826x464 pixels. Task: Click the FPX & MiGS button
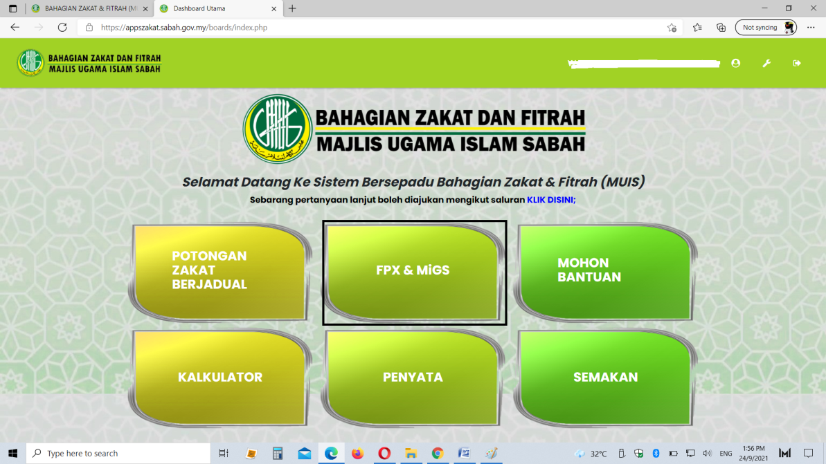click(x=413, y=272)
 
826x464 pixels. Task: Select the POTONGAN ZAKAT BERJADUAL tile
click(x=219, y=272)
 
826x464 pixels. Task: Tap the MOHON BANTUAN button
click(x=604, y=272)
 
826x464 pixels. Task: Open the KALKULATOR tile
click(x=219, y=378)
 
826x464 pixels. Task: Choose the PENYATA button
click(x=413, y=378)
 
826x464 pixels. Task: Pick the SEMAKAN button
click(x=604, y=378)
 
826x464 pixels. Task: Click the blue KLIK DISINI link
click(x=551, y=200)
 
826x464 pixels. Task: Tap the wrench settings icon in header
click(x=766, y=63)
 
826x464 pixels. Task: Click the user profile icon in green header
click(x=736, y=63)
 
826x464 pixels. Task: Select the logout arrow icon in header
click(x=797, y=63)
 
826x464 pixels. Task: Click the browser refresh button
click(x=62, y=28)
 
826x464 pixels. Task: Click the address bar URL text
click(x=184, y=28)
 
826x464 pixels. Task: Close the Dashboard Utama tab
click(x=274, y=8)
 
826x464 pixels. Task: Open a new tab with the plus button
click(x=292, y=8)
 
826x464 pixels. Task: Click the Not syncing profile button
click(x=766, y=28)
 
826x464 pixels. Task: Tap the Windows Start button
click(x=13, y=453)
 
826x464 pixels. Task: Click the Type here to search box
click(x=118, y=453)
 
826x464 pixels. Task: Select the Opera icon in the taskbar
click(x=384, y=453)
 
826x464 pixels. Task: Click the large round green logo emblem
click(x=278, y=129)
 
